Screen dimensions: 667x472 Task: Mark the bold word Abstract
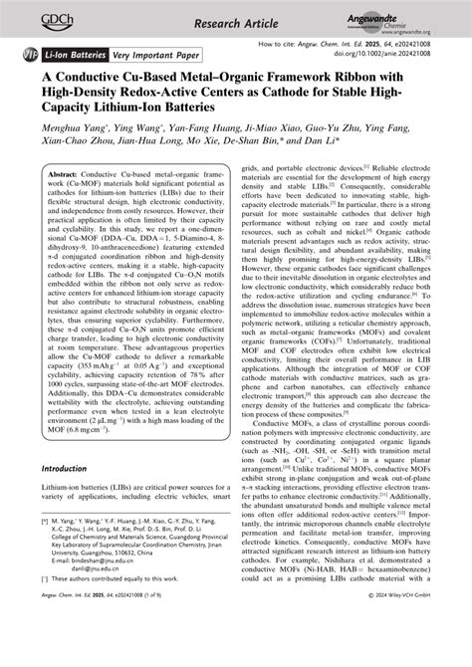pyautogui.click(x=62, y=175)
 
